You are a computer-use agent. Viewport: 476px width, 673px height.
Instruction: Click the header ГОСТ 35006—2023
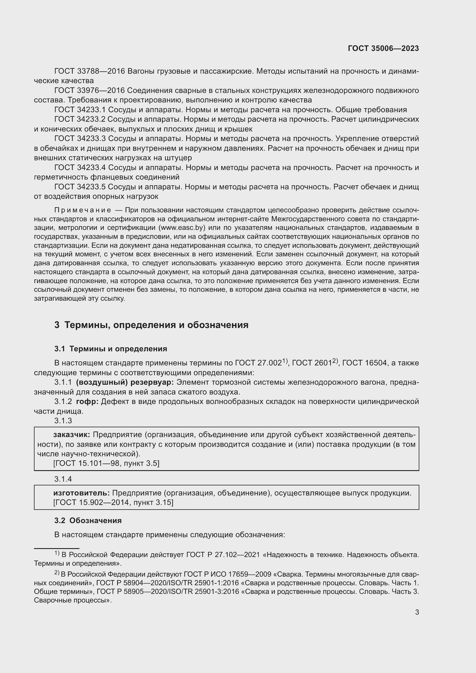(x=383, y=48)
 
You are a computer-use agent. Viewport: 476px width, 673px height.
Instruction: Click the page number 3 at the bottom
(x=417, y=612)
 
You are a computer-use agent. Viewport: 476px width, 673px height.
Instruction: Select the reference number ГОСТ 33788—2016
(x=90, y=71)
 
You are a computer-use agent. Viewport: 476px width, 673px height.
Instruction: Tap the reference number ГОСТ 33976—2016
(x=90, y=91)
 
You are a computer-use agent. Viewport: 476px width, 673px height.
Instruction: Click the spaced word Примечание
(x=83, y=210)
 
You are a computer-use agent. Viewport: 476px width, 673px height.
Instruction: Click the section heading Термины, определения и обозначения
(x=156, y=325)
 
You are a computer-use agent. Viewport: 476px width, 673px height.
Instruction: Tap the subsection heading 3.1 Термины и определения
(x=111, y=349)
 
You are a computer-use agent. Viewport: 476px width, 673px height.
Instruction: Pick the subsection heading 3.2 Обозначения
(x=88, y=521)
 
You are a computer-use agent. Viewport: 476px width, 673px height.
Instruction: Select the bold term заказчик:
(x=72, y=435)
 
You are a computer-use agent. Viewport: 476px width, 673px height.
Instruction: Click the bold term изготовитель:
(x=81, y=493)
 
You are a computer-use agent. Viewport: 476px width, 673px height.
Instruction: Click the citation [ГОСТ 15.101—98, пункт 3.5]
(x=106, y=463)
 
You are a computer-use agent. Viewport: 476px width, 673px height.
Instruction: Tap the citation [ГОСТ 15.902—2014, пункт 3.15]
(x=113, y=502)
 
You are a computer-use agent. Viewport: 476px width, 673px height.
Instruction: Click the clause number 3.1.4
(x=63, y=479)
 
